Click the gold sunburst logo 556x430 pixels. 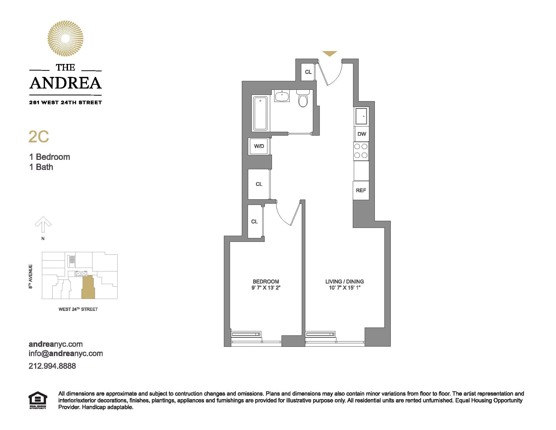click(x=65, y=38)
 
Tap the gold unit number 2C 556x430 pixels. click(x=39, y=137)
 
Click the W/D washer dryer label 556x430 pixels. click(x=259, y=146)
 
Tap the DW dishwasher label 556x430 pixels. click(x=362, y=134)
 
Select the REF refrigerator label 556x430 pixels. click(x=361, y=190)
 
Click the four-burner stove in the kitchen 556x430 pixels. click(x=361, y=151)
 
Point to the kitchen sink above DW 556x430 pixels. click(x=361, y=116)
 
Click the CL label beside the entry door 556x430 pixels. click(x=308, y=72)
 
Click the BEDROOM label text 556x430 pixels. click(x=266, y=282)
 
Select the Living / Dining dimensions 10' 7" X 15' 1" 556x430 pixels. click(x=344, y=288)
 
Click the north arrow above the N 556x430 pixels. click(x=43, y=224)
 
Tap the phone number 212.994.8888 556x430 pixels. click(x=52, y=366)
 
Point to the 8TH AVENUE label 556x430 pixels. click(x=31, y=276)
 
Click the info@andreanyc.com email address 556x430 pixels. click(x=66, y=354)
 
